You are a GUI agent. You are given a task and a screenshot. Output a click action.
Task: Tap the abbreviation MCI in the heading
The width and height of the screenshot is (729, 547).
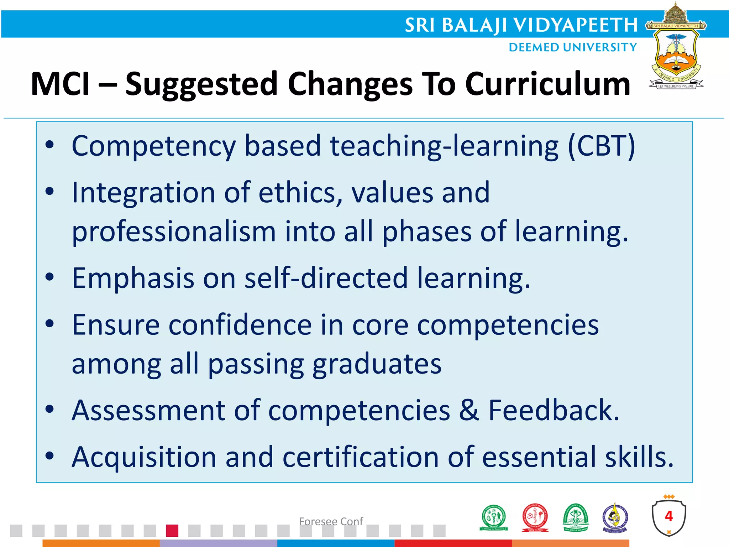61,84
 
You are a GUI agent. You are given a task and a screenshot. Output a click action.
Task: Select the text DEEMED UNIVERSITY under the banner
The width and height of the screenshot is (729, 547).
572,47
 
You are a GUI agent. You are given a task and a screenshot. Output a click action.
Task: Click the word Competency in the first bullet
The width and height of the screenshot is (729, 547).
153,146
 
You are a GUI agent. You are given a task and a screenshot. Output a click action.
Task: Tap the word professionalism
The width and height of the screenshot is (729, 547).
174,232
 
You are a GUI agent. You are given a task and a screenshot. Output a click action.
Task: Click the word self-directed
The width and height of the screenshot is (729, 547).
326,278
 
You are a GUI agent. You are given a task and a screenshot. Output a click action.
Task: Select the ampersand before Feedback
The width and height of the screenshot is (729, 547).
469,410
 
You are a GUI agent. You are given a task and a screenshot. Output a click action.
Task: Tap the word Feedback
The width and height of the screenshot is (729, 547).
554,410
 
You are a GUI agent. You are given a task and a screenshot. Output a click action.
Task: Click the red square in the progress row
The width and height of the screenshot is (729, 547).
172,531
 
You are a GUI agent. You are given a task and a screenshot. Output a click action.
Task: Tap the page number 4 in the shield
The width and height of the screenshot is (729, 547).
669,516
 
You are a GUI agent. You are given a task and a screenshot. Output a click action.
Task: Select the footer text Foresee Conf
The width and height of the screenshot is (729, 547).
331,521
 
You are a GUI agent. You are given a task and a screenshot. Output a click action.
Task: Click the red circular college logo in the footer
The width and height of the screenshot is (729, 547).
535,517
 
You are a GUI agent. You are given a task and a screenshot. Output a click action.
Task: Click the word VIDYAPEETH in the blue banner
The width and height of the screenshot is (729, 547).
575,25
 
